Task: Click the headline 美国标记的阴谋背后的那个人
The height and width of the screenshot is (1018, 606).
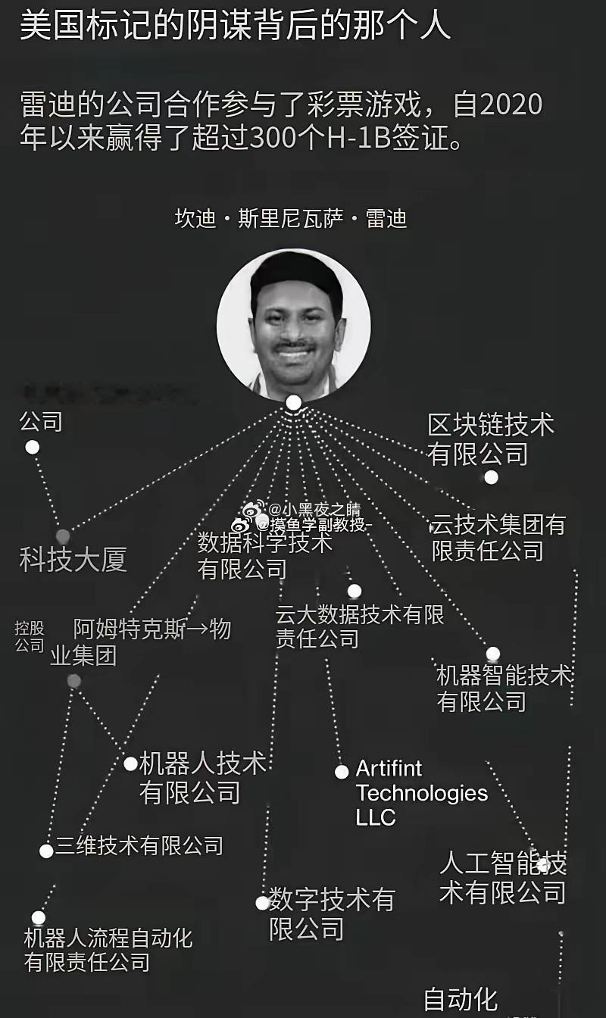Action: (235, 26)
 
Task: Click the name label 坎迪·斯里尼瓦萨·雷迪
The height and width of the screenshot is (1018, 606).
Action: (292, 219)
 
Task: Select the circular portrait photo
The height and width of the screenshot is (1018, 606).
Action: (293, 323)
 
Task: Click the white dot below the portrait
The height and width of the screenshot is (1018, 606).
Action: (294, 402)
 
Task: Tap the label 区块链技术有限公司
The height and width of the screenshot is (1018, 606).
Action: (490, 439)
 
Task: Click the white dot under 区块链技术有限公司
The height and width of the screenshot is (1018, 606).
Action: (491, 477)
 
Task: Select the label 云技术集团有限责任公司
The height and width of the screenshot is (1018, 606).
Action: (498, 538)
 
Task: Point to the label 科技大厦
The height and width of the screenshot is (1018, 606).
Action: (73, 561)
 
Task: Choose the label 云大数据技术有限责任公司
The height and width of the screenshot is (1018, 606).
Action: (359, 626)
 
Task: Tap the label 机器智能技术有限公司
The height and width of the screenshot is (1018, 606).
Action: (504, 689)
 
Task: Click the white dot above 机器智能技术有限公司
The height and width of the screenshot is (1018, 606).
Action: (492, 654)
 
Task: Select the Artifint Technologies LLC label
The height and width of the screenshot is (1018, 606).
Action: (421, 793)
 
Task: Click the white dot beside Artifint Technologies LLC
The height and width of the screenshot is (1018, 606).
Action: (342, 772)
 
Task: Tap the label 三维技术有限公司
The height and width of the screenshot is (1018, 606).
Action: (139, 845)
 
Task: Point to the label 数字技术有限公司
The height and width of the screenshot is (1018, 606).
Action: (332, 915)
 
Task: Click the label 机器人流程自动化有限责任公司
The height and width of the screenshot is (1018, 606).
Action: (108, 951)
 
